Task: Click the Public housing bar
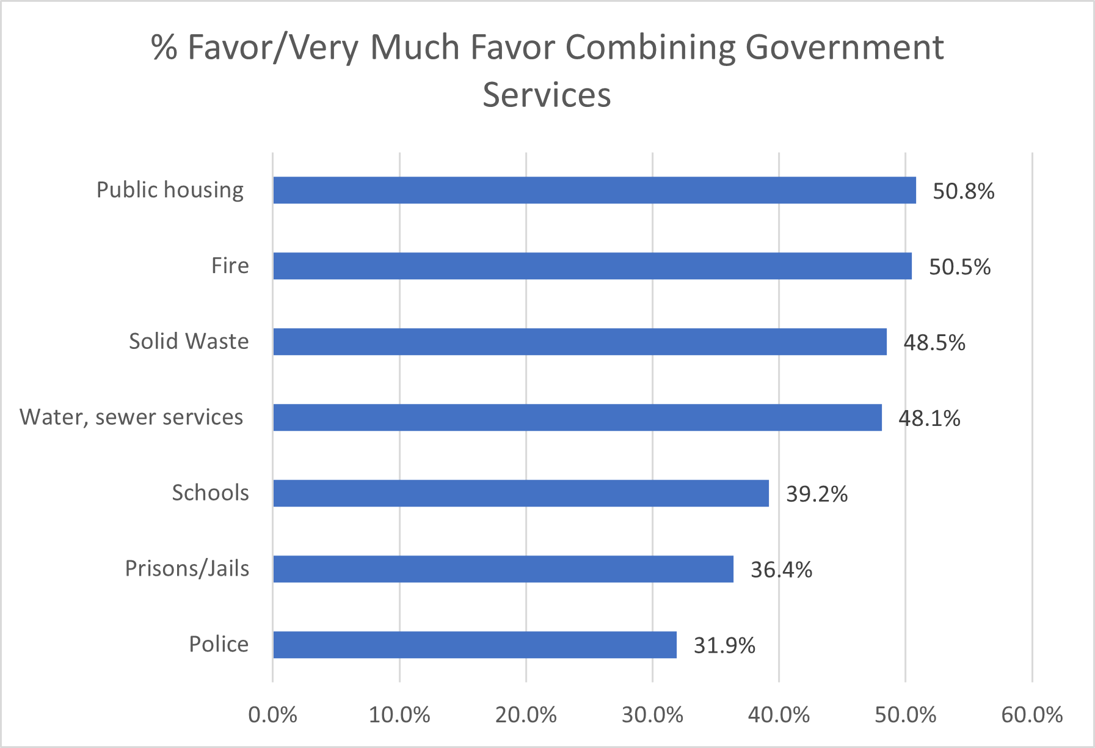click(594, 190)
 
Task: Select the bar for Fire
click(592, 266)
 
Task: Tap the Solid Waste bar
click(580, 342)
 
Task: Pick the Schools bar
click(521, 493)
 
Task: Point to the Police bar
click(475, 645)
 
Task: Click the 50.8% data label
click(963, 192)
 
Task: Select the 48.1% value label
click(929, 419)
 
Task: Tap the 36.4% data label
click(781, 570)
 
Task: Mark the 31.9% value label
click(724, 646)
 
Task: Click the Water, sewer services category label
click(131, 417)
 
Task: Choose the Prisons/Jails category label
click(187, 569)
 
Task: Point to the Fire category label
click(230, 266)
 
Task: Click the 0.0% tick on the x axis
click(272, 715)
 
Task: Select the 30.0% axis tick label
click(652, 715)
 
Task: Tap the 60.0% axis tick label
click(1031, 715)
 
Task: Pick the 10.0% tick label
click(399, 715)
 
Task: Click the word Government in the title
click(845, 48)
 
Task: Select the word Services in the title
click(547, 95)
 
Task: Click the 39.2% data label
click(817, 494)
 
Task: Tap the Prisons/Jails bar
click(503, 569)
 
